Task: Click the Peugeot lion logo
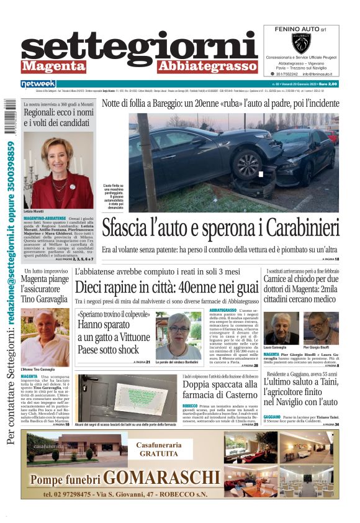pyautogui.click(x=300, y=43)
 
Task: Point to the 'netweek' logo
pyautogui.click(x=38, y=84)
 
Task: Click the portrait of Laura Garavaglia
pyautogui.click(x=281, y=327)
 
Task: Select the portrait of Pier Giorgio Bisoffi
pyautogui.click(x=321, y=327)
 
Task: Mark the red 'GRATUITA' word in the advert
pyautogui.click(x=159, y=454)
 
